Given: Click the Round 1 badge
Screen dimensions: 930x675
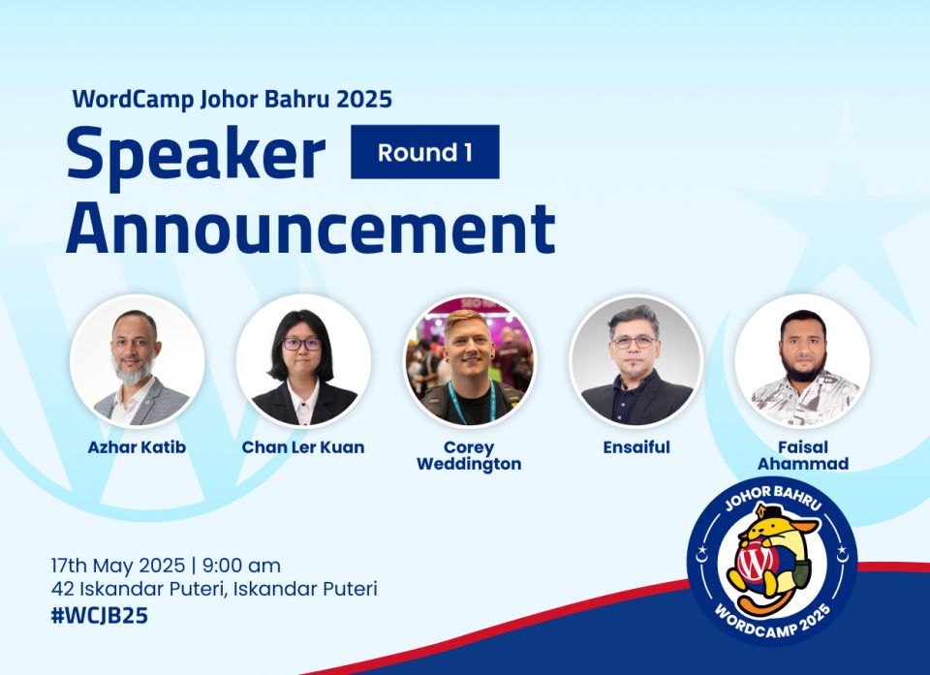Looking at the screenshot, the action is click(x=424, y=152).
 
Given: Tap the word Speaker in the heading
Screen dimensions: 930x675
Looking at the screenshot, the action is click(x=197, y=155).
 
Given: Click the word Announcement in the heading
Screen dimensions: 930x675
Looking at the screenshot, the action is click(x=311, y=229).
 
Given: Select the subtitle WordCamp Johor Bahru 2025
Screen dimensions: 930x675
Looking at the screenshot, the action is click(x=232, y=99).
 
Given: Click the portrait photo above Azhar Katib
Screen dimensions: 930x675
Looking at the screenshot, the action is click(x=137, y=360).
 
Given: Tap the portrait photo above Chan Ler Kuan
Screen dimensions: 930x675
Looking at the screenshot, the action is click(x=303, y=360).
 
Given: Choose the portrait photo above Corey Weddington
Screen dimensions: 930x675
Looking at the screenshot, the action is click(x=470, y=360).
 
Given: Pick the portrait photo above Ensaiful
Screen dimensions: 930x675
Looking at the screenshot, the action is click(x=635, y=360).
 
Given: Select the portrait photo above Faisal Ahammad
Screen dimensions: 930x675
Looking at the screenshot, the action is click(x=802, y=360).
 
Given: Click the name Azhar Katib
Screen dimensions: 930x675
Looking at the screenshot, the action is click(x=137, y=447).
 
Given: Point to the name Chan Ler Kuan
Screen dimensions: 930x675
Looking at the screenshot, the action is click(x=303, y=447).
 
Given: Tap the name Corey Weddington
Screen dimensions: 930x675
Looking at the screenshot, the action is click(x=469, y=455).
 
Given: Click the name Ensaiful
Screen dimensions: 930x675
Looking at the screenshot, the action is click(x=636, y=447).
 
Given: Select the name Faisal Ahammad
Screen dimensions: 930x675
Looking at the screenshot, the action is click(x=803, y=455).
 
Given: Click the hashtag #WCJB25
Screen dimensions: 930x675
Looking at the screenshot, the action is click(x=99, y=616).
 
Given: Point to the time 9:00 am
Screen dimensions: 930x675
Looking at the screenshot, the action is click(x=241, y=566).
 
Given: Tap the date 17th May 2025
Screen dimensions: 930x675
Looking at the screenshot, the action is click(x=118, y=566).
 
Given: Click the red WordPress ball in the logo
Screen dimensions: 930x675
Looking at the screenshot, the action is click(x=755, y=563).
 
